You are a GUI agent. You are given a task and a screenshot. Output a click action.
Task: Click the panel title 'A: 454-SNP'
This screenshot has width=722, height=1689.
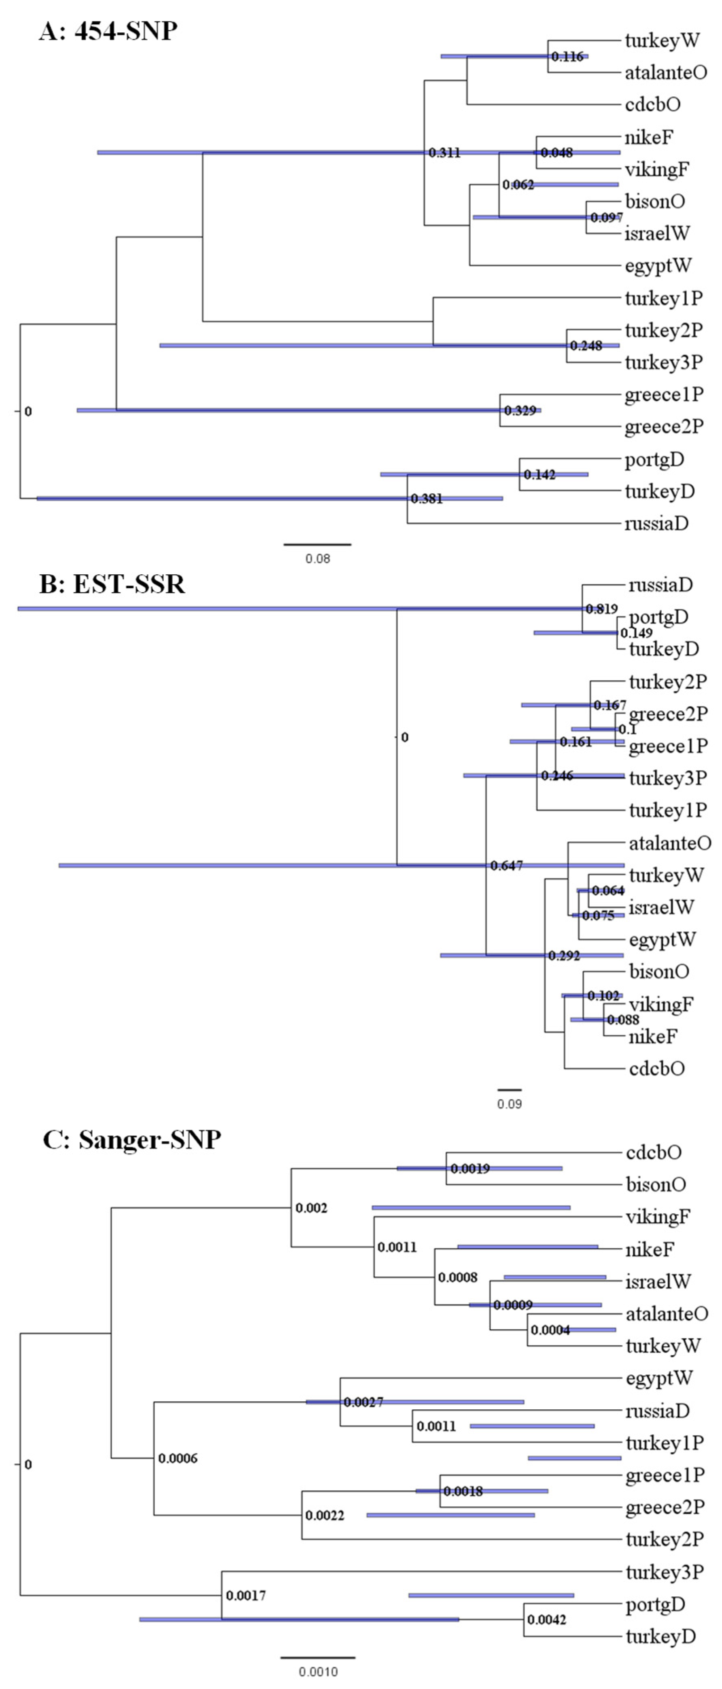pyautogui.click(x=108, y=31)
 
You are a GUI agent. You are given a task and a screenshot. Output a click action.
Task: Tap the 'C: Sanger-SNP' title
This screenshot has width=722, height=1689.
pyautogui.click(x=132, y=1139)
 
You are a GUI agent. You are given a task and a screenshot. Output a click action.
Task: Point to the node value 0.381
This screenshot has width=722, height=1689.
pyautogui.click(x=427, y=499)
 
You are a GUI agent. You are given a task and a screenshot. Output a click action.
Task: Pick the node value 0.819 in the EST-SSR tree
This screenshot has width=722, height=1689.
pyautogui.click(x=601, y=609)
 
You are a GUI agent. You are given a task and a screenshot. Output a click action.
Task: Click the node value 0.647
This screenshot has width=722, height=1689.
pyautogui.click(x=507, y=865)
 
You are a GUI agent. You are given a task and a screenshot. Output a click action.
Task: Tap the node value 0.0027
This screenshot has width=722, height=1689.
pyautogui.click(x=363, y=1402)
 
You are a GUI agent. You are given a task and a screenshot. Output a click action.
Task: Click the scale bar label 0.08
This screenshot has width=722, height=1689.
pyautogui.click(x=317, y=559)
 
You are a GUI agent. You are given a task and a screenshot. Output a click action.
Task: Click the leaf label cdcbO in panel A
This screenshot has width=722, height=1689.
pyautogui.click(x=652, y=104)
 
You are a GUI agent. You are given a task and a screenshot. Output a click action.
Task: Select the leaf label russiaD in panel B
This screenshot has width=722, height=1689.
pyautogui.click(x=660, y=585)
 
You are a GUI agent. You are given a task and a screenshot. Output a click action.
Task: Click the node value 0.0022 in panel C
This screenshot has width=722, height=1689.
pyautogui.click(x=325, y=1515)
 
